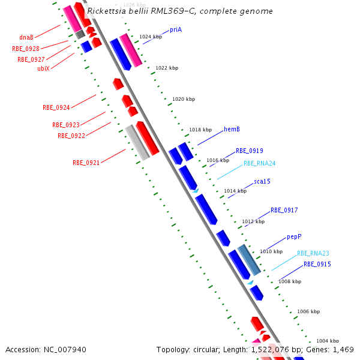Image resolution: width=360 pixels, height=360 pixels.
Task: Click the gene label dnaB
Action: coord(26,37)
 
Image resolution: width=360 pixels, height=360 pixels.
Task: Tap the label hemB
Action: coord(232,129)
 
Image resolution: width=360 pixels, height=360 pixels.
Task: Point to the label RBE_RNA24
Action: coord(260,163)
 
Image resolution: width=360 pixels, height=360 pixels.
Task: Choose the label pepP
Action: coord(293,237)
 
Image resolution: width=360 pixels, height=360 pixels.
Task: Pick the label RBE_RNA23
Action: coord(313,253)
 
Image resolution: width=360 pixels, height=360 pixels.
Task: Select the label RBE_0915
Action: coord(317,264)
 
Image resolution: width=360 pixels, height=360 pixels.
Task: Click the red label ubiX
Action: coord(44,68)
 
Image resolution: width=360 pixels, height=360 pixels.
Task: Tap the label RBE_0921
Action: coord(86,163)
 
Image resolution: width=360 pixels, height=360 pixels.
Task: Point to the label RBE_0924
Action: coord(56,108)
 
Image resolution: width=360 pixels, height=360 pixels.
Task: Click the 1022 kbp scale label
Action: coord(167,68)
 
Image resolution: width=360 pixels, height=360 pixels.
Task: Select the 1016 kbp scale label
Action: coord(218,160)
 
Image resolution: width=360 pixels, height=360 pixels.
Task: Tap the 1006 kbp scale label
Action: coord(308,311)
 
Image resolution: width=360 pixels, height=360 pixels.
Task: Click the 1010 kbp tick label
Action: coord(271,251)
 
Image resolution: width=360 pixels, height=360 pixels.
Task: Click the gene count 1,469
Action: coord(343,349)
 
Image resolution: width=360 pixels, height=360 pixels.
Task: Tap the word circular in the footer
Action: coord(205,349)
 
